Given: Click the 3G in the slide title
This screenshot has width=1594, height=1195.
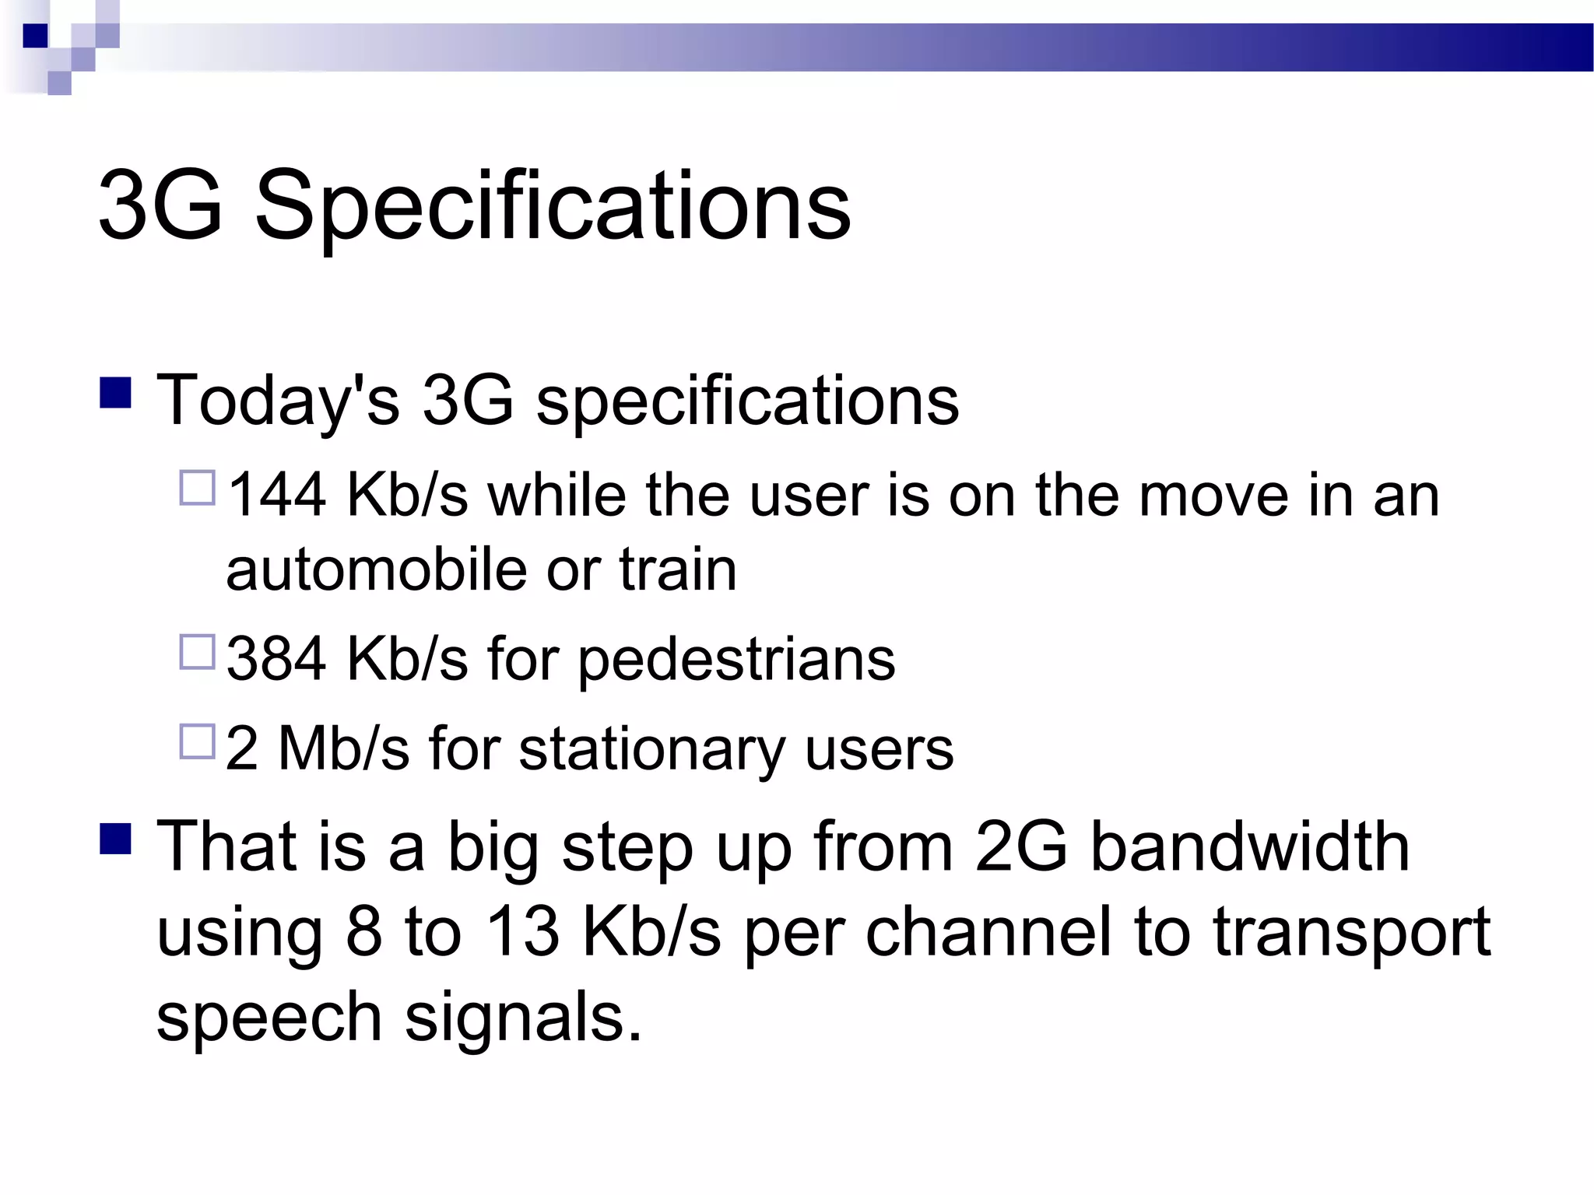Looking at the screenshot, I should pyautogui.click(x=160, y=206).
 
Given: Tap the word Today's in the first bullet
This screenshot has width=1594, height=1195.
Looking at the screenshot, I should pyautogui.click(x=278, y=401).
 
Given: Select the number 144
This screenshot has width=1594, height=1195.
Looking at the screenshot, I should pyautogui.click(x=276, y=496).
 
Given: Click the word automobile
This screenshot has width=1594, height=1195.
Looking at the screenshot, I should pyautogui.click(x=376, y=569).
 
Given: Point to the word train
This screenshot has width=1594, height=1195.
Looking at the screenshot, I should pyautogui.click(x=677, y=569).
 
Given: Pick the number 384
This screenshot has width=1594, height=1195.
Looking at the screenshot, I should pyautogui.click(x=276, y=659).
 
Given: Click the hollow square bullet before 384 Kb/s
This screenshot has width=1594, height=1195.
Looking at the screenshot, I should pyautogui.click(x=197, y=652).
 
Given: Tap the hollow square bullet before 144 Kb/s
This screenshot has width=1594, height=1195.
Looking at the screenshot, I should pyautogui.click(x=197, y=488).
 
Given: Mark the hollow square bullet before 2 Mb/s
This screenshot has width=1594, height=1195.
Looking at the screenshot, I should pyautogui.click(x=197, y=741).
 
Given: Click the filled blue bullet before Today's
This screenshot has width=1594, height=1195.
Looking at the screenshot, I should pyautogui.click(x=115, y=393).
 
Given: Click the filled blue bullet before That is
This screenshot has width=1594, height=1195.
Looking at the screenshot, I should pyautogui.click(x=115, y=839).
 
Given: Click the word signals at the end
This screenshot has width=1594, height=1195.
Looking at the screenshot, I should pyautogui.click(x=523, y=1017).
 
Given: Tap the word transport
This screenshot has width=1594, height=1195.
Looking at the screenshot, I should pyautogui.click(x=1352, y=933).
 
